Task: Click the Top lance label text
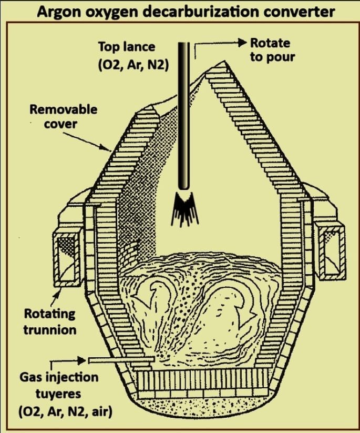(127, 47)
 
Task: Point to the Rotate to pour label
(272, 51)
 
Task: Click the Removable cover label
(64, 116)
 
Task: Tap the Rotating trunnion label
(49, 321)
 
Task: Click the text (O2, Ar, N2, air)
(65, 412)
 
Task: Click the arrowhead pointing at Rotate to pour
(242, 43)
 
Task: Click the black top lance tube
(184, 115)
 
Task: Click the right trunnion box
(332, 251)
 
